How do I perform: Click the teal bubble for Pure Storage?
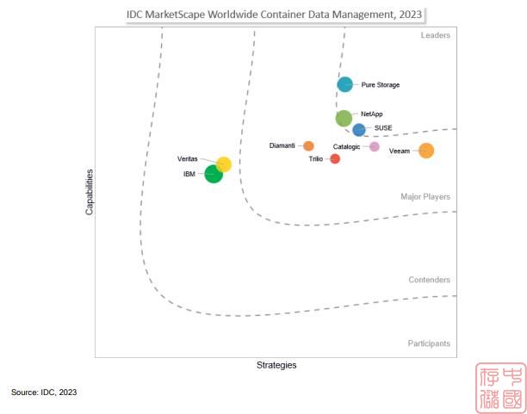click(x=344, y=84)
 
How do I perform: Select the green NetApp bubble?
click(x=344, y=118)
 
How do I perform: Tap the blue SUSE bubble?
click(x=359, y=130)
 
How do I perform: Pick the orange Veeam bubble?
click(x=425, y=151)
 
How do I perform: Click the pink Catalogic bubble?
click(x=375, y=146)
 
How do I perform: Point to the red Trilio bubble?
click(x=335, y=158)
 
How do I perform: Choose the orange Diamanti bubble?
click(x=308, y=145)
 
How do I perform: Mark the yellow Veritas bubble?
click(x=223, y=164)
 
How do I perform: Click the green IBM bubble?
click(x=214, y=175)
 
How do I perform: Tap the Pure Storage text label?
click(x=381, y=85)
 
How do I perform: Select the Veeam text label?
click(x=400, y=151)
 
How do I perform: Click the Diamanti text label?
click(x=282, y=145)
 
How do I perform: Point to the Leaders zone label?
click(x=435, y=35)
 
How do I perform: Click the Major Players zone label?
click(x=425, y=197)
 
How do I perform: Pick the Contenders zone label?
click(x=429, y=280)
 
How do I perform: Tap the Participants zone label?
click(x=428, y=343)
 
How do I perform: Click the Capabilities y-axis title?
click(x=90, y=191)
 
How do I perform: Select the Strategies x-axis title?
click(x=276, y=365)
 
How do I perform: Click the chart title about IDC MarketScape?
click(x=275, y=14)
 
